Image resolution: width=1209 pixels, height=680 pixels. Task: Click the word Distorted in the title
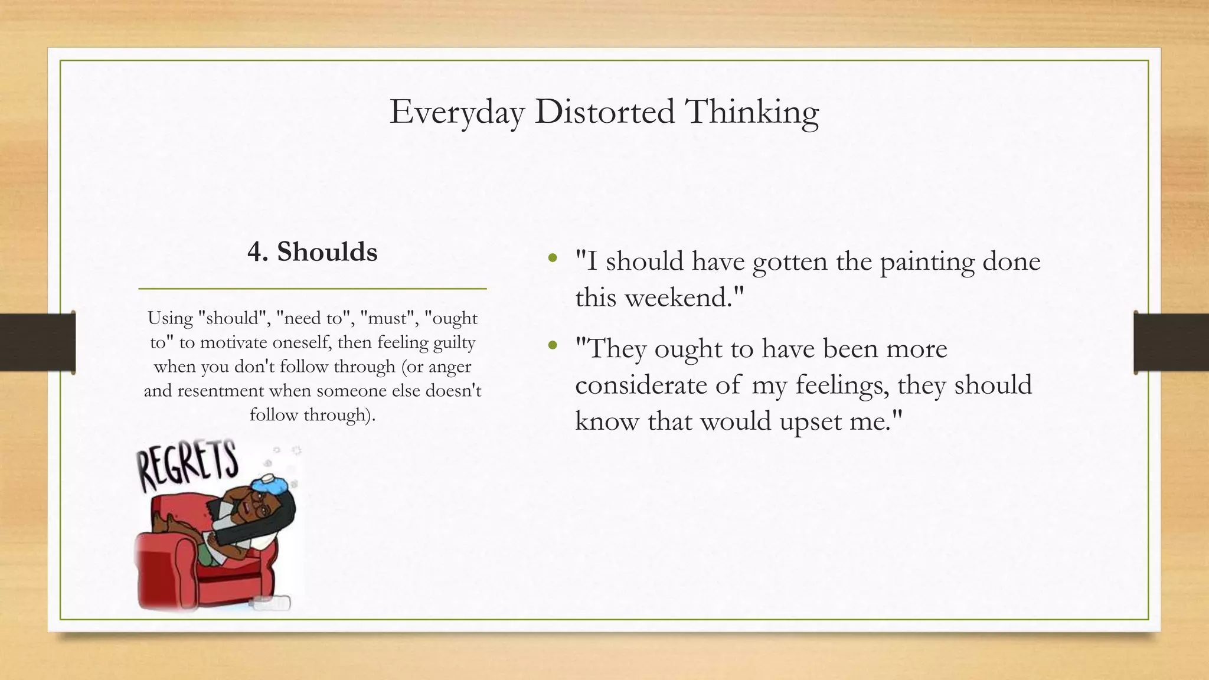click(604, 112)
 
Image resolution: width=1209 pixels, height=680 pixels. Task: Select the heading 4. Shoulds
click(312, 252)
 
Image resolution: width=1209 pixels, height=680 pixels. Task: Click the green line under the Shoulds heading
click(312, 289)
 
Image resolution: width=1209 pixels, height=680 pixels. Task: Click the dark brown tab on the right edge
click(1171, 342)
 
